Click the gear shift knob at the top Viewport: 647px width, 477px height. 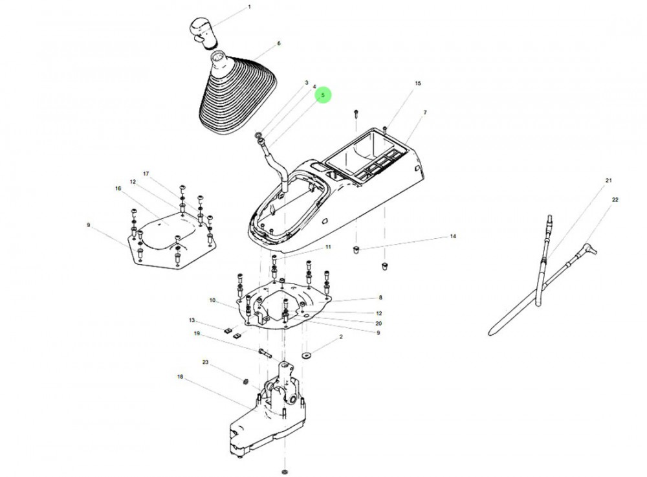[201, 31]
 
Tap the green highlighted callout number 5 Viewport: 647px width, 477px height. [323, 96]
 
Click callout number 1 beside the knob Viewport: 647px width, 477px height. [250, 8]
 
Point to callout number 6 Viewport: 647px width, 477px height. [279, 43]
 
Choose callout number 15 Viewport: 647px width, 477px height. [417, 83]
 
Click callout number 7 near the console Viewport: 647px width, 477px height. [425, 113]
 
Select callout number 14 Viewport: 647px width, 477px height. [453, 237]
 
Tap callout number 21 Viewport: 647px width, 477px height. [608, 179]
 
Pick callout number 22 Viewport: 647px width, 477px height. [615, 200]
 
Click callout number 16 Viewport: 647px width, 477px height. [118, 188]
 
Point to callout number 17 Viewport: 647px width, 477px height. [146, 173]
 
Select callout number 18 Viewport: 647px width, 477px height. [180, 375]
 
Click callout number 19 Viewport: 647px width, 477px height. [197, 334]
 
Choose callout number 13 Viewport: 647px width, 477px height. [192, 320]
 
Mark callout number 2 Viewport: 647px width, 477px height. [341, 337]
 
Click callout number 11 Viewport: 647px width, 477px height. [328, 247]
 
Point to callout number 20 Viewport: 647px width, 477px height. [379, 322]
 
